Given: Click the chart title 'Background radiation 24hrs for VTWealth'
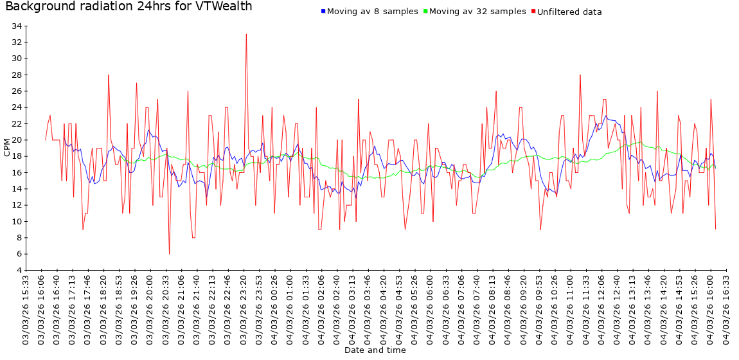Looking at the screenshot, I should (129, 7).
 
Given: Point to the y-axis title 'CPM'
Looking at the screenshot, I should (7, 147).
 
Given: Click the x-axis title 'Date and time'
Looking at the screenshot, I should (375, 350).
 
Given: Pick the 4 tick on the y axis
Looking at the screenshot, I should (19, 270).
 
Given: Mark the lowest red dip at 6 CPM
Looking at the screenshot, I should (169, 253).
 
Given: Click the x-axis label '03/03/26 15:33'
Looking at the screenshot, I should (26, 309).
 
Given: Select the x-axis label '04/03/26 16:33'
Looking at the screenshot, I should (726, 309).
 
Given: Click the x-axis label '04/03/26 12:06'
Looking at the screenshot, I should (601, 309).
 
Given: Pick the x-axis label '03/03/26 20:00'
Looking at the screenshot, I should (150, 309).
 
